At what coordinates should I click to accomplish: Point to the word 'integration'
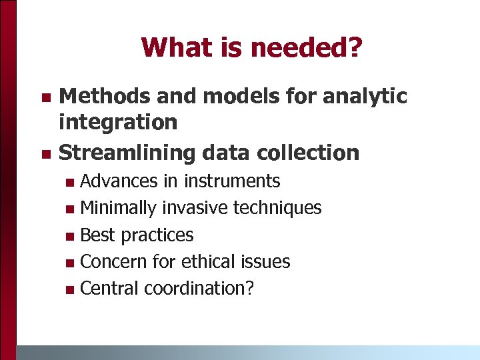(118, 122)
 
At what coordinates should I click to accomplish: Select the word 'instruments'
(232, 181)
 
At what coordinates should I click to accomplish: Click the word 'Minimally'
(118, 208)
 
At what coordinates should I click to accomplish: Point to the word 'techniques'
(277, 208)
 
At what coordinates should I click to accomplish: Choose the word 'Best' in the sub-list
(97, 235)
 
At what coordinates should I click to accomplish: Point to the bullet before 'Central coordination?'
(71, 289)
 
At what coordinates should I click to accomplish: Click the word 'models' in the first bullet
(234, 97)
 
